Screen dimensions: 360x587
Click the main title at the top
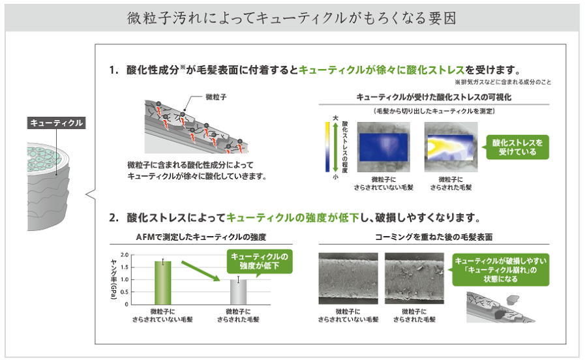[x=293, y=18]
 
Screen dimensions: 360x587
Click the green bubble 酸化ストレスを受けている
[x=517, y=146]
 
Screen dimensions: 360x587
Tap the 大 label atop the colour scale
[x=335, y=117]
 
